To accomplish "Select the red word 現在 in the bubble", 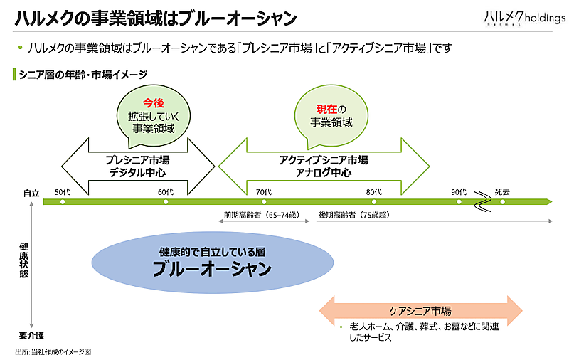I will (326, 109).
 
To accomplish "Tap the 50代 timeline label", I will (63, 191).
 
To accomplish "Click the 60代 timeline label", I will (166, 191).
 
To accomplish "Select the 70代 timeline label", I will (264, 191).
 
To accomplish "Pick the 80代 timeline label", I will (374, 191).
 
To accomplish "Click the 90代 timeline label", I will (458, 191).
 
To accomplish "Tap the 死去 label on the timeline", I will (502, 191).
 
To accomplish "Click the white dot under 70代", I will (264, 202).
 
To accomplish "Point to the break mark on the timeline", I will (484, 201).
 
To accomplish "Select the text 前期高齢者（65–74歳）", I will (261, 214).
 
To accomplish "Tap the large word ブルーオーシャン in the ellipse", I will (212, 269).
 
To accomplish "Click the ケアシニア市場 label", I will (420, 311).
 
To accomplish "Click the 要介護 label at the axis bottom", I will (31, 335).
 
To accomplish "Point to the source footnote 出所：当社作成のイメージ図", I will (53, 351).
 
